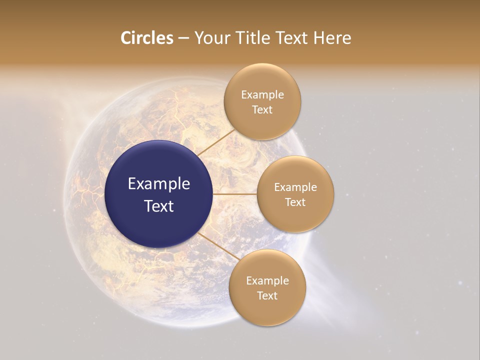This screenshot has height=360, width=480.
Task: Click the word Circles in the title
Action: pos(146,38)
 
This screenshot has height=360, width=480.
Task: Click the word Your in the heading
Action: pos(212,38)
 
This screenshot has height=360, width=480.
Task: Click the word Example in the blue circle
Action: pos(159,184)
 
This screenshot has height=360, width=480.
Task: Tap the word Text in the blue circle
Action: pos(159,206)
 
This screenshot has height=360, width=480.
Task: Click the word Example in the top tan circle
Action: pos(262,95)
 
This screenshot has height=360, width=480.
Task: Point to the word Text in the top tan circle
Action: pos(262,110)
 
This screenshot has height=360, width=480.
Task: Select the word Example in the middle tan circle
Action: pos(295,187)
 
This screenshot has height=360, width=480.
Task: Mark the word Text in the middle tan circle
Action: pos(295,202)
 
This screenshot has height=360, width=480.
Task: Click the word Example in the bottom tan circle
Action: pos(267,281)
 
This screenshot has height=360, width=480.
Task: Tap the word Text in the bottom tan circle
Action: pos(267,296)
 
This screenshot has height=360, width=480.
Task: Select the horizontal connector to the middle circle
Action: pos(235,194)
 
